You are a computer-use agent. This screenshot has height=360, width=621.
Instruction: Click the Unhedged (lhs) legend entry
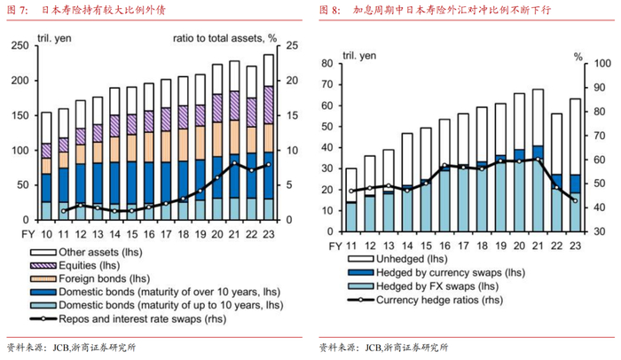point(405,259)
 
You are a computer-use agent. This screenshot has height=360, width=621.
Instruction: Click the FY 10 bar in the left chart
point(46,165)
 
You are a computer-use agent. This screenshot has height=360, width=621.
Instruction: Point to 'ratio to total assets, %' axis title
point(224,38)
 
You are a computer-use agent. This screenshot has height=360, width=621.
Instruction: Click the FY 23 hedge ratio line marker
point(575,201)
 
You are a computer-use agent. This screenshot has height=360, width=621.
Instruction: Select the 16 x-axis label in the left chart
point(147,233)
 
